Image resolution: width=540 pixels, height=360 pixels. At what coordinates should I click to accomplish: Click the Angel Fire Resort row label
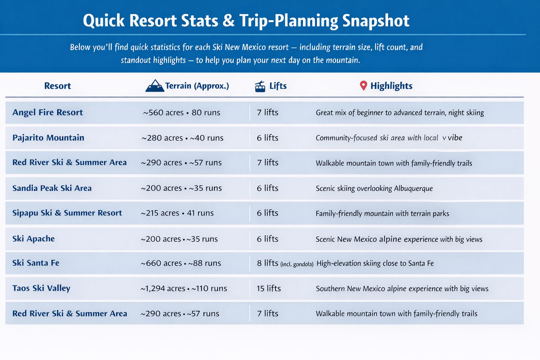click(x=47, y=112)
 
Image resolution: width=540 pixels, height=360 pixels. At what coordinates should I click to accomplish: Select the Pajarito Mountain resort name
click(x=48, y=138)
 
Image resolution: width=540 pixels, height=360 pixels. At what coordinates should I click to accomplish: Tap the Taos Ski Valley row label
click(x=41, y=288)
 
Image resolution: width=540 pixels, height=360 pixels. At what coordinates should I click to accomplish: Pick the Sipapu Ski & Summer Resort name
click(x=67, y=213)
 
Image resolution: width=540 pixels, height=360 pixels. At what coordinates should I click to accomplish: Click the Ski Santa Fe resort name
click(x=36, y=263)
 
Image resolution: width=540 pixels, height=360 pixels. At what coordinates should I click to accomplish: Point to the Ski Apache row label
click(x=33, y=239)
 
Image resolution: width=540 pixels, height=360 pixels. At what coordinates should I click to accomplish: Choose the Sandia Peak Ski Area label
click(x=52, y=188)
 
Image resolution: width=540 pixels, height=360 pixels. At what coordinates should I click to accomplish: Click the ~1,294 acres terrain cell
click(x=184, y=289)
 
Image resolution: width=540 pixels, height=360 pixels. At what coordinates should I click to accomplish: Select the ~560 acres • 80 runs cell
click(x=181, y=113)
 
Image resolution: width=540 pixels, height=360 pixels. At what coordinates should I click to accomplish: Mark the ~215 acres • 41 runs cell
click(x=177, y=213)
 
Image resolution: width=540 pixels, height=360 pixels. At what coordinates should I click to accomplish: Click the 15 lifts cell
click(x=269, y=289)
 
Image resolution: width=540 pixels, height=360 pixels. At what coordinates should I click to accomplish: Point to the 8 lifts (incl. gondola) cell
click(x=285, y=263)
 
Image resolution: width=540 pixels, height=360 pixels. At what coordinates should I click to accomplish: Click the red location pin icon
click(x=364, y=85)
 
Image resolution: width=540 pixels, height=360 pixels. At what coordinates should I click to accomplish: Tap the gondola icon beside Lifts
click(x=260, y=86)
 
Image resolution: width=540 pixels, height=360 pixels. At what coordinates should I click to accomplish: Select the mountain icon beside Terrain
click(x=154, y=86)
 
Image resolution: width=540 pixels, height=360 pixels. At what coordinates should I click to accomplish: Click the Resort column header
click(x=57, y=86)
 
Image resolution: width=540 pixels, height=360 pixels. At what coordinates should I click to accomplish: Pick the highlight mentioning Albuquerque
click(x=374, y=188)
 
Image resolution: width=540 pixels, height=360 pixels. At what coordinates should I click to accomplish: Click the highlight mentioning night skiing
click(x=400, y=113)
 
